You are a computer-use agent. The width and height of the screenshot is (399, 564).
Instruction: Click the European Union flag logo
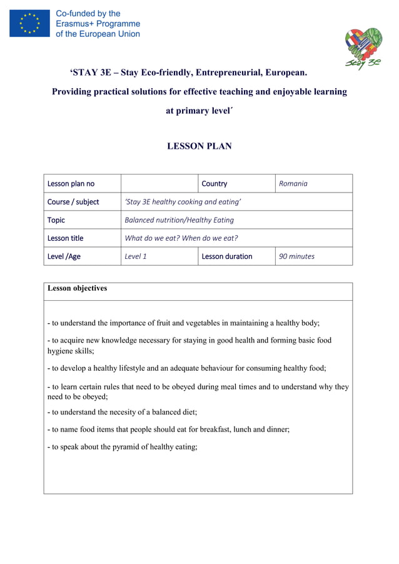coord(29,23)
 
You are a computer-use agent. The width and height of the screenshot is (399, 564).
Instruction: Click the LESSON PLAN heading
coord(199,146)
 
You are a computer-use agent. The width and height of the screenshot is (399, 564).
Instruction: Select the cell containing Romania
coord(293,184)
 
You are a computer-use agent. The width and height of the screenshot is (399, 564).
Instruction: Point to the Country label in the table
coord(215,184)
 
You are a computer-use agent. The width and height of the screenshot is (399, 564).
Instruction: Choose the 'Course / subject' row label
coord(73,202)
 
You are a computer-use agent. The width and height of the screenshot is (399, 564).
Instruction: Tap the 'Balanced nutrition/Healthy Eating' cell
coord(179,220)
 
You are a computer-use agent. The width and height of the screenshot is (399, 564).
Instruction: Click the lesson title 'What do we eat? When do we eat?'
coord(181,238)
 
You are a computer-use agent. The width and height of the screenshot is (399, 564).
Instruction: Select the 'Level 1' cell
coord(136,256)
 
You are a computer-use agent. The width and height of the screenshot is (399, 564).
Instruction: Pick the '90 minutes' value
coord(296,256)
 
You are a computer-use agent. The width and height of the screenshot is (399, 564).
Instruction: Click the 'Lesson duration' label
coord(227,256)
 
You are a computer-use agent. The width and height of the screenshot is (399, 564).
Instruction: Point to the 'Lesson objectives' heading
coord(77,288)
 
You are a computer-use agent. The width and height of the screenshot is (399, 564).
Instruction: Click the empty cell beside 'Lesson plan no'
coord(159,184)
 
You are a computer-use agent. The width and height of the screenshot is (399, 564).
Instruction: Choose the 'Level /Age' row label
coord(65,256)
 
